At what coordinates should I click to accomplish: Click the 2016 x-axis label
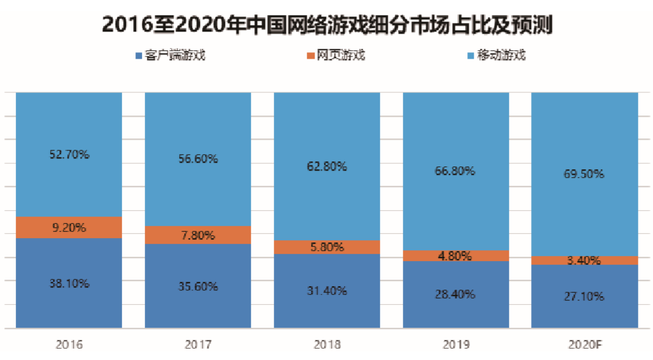coord(69,344)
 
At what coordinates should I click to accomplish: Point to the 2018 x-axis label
coord(327,344)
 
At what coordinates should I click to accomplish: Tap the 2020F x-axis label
coord(584,344)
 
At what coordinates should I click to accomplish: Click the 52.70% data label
coord(69,154)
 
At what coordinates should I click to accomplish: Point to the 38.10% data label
coord(69,283)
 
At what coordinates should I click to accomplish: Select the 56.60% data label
coord(198,159)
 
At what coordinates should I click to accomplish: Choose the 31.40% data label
coord(327,290)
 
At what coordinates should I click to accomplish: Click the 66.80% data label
coord(456,171)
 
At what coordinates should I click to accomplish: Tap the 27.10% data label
coord(584,296)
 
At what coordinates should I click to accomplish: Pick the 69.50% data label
coord(584,174)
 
